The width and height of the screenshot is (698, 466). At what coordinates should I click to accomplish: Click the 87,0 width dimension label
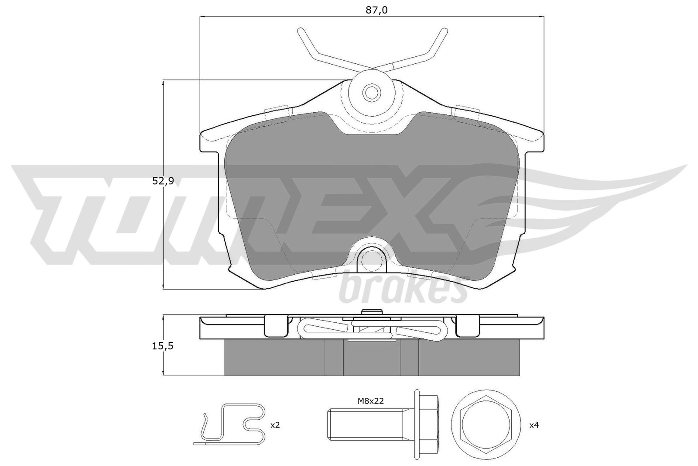[x=376, y=10]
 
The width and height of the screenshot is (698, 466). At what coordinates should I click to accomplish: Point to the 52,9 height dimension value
[x=163, y=181]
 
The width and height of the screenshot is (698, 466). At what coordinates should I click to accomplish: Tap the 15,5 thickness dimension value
[x=163, y=346]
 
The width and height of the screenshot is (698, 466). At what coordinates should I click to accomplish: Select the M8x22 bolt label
[x=370, y=401]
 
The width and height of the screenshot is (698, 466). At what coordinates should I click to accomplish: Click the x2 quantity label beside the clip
[x=275, y=425]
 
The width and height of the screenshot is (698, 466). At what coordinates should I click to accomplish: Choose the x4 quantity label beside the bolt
[x=534, y=425]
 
